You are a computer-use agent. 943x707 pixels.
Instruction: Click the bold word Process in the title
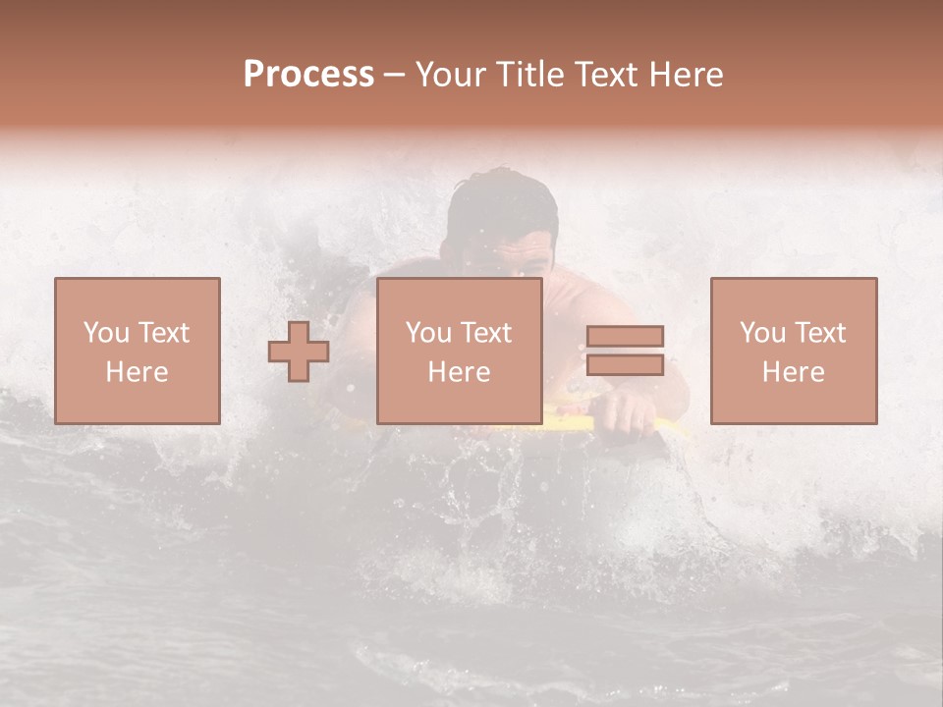click(x=308, y=75)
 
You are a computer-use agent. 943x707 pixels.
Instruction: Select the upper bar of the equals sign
click(x=625, y=336)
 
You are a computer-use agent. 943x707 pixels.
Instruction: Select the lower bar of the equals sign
click(x=625, y=365)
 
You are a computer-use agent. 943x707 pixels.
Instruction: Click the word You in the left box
click(x=104, y=333)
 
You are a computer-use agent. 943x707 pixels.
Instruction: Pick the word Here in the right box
click(x=794, y=372)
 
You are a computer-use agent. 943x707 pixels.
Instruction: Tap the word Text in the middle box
click(x=486, y=333)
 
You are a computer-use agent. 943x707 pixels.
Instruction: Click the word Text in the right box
click(x=820, y=333)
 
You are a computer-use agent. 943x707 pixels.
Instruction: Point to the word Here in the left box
click(x=138, y=372)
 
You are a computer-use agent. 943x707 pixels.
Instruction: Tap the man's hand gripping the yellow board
click(x=625, y=412)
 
